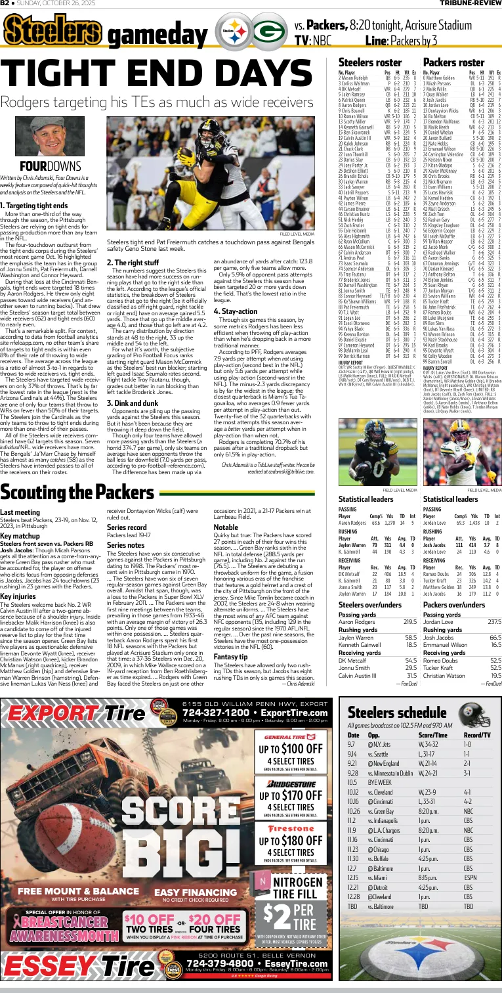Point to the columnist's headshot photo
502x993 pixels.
33,135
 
